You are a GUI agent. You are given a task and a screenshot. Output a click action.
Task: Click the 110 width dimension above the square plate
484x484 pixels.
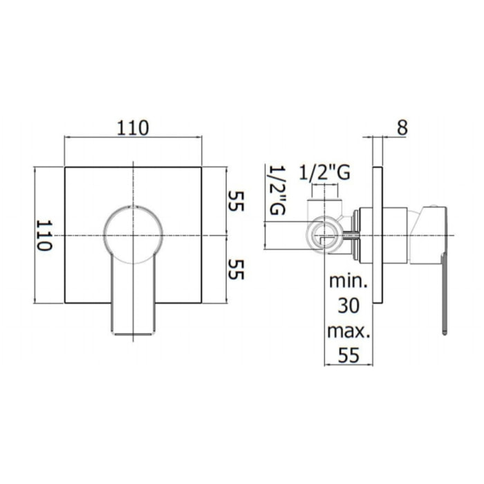coord(133,127)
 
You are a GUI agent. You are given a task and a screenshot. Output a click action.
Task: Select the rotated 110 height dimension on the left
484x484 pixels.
coord(45,235)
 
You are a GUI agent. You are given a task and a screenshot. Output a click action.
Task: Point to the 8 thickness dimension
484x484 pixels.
coord(402,127)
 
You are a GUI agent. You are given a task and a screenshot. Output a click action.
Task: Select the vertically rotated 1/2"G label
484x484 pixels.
coord(277,191)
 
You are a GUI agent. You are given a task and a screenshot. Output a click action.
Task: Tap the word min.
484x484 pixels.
coord(349,282)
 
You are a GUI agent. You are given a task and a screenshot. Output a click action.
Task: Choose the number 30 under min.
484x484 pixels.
coord(349,306)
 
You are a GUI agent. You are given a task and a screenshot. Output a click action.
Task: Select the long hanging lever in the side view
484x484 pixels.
coord(443,290)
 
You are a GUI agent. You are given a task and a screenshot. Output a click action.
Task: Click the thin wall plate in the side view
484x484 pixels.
coord(377,235)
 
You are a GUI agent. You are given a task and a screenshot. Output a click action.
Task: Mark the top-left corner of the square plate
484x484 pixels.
coord(65,167)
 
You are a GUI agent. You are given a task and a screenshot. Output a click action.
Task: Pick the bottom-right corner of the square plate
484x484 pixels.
coord(203,303)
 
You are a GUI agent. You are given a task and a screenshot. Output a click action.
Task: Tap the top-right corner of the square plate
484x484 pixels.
coord(203,167)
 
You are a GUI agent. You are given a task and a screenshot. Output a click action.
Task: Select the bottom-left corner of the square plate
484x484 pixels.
coord(65,303)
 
